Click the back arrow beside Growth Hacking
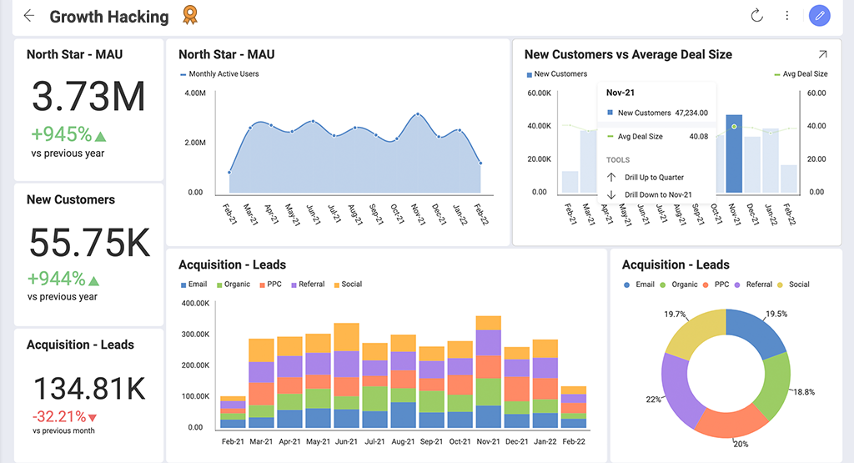click(29, 16)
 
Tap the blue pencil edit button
click(819, 16)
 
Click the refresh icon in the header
click(756, 16)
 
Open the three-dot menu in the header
click(786, 16)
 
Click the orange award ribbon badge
click(190, 16)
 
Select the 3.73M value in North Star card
click(88, 97)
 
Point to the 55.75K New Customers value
click(88, 243)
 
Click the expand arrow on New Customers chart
click(822, 54)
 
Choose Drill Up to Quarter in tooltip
click(656, 178)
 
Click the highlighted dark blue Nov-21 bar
click(734, 154)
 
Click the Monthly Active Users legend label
click(224, 74)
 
